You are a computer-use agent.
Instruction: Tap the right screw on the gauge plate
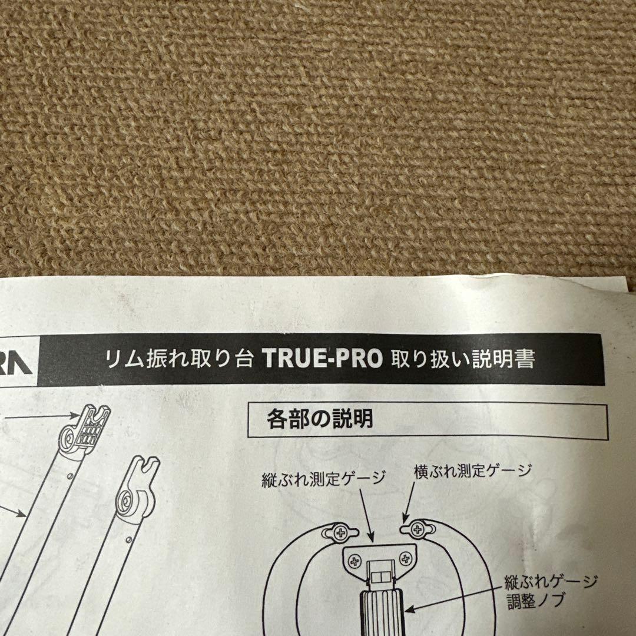(x=405, y=557)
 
